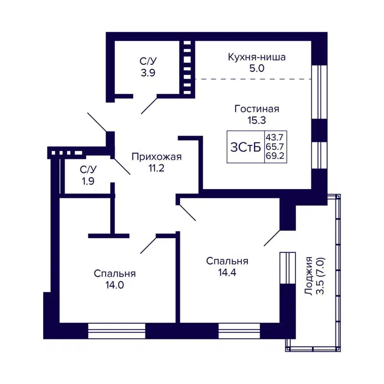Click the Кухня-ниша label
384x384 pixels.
(257, 58)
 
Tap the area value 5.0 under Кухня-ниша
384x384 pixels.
(257, 68)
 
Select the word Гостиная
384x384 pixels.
(257, 109)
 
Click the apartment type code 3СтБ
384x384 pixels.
(246, 147)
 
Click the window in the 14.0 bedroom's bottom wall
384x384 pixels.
(116, 330)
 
